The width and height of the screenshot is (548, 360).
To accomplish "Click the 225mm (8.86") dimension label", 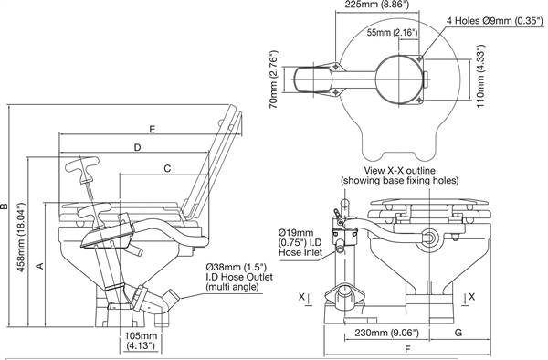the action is pyautogui.click(x=376, y=5).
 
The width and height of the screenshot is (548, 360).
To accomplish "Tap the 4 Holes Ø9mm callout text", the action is pyautogui.click(x=496, y=21).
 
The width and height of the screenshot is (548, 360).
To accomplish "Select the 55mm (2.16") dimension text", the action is pyautogui.click(x=392, y=33).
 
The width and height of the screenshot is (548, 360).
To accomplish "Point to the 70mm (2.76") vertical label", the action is pyautogui.click(x=274, y=79).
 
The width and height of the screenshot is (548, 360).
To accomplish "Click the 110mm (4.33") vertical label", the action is pyautogui.click(x=481, y=76).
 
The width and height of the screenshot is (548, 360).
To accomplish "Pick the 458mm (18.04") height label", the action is pyautogui.click(x=21, y=238).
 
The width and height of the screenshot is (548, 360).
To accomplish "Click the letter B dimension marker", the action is pyautogui.click(x=5, y=206).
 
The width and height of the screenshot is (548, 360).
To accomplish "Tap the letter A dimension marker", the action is pyautogui.click(x=40, y=266).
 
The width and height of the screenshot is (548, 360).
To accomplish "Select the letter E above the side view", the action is pyautogui.click(x=152, y=130).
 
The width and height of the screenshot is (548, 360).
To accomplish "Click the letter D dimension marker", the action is pyautogui.click(x=137, y=147).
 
